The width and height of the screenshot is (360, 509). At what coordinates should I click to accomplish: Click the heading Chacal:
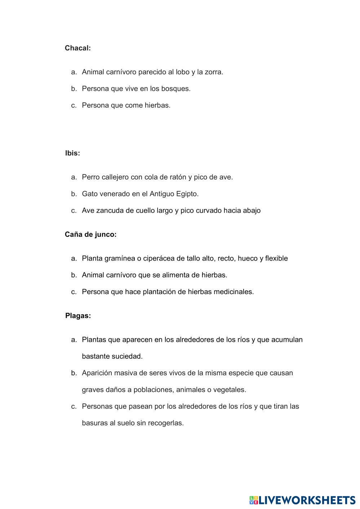(77, 48)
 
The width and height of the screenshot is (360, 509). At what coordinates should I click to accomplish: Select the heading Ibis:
(72, 153)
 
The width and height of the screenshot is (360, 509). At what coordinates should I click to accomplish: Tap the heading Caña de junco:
(90, 234)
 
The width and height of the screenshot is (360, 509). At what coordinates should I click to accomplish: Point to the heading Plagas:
(78, 316)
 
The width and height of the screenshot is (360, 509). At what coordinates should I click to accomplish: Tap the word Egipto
(187, 194)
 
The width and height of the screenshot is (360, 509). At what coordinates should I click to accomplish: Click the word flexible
(276, 258)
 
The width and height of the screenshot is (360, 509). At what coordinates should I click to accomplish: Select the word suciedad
(127, 356)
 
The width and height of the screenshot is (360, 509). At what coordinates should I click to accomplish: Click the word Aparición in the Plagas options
(97, 373)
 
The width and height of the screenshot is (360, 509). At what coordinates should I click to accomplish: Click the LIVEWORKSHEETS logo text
(307, 500)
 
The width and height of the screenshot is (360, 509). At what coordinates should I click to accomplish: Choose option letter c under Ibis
(74, 211)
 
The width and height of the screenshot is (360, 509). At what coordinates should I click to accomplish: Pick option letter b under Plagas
(74, 373)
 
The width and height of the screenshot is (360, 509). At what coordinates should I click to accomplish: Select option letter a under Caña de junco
(74, 258)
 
